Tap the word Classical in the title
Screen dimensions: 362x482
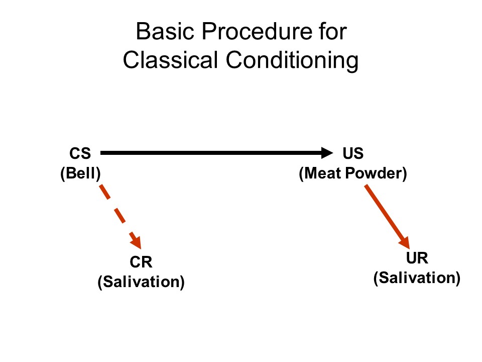click(170, 61)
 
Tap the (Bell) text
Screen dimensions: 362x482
click(80, 173)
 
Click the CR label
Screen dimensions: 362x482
click(141, 262)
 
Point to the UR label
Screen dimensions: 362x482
click(417, 258)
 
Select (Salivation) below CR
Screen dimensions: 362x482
click(141, 282)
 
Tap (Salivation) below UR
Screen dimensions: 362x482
click(417, 278)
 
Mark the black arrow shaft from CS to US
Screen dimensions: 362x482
click(211, 152)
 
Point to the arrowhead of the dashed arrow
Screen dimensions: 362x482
click(137, 241)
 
